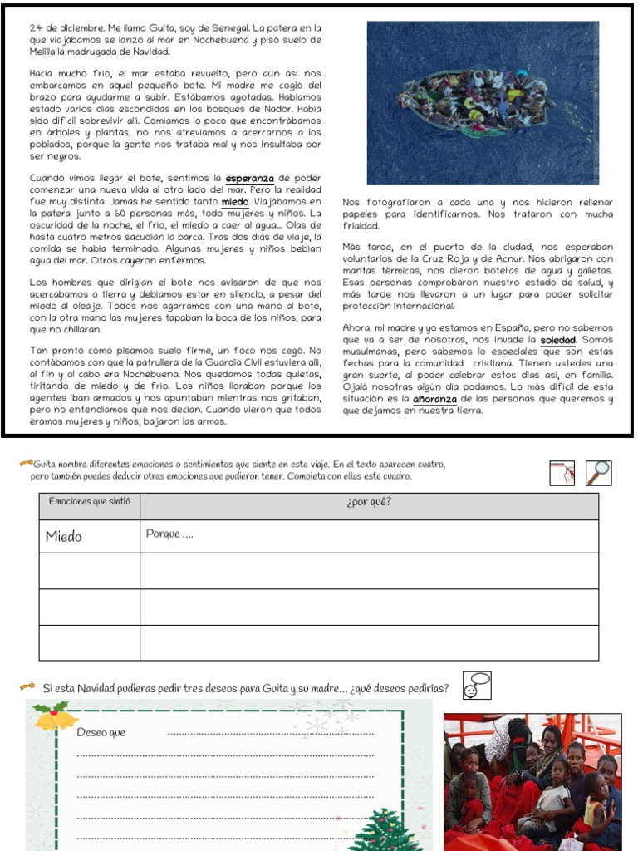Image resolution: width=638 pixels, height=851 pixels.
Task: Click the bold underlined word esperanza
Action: click(250, 178)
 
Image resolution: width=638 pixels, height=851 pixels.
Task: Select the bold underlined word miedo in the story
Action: click(236, 201)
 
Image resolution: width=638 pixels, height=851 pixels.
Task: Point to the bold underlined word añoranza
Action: click(435, 399)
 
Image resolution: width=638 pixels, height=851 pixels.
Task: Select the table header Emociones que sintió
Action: click(89, 502)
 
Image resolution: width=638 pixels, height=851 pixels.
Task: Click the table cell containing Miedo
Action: click(89, 536)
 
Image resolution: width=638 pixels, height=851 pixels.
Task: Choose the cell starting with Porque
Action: click(369, 536)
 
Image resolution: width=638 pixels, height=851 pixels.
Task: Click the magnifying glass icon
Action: click(598, 472)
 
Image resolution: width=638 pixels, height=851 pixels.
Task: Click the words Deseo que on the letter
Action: click(101, 732)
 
